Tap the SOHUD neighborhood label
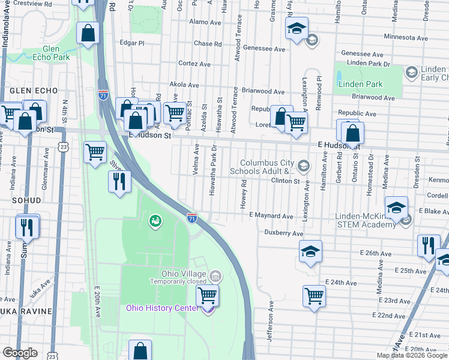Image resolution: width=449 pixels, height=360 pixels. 25,200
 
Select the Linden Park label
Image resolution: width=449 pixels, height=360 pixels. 360,84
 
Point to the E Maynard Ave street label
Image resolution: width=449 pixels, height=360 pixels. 271,215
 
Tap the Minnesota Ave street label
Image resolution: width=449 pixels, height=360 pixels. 405,37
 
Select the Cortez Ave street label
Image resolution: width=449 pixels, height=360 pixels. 194,64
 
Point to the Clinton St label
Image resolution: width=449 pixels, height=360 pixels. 285,180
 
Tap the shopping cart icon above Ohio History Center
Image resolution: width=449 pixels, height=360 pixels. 207,295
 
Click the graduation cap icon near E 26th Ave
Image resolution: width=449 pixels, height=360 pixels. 310,251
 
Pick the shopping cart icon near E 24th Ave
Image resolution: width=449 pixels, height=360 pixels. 315,295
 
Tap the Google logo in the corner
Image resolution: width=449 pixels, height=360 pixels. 20,353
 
